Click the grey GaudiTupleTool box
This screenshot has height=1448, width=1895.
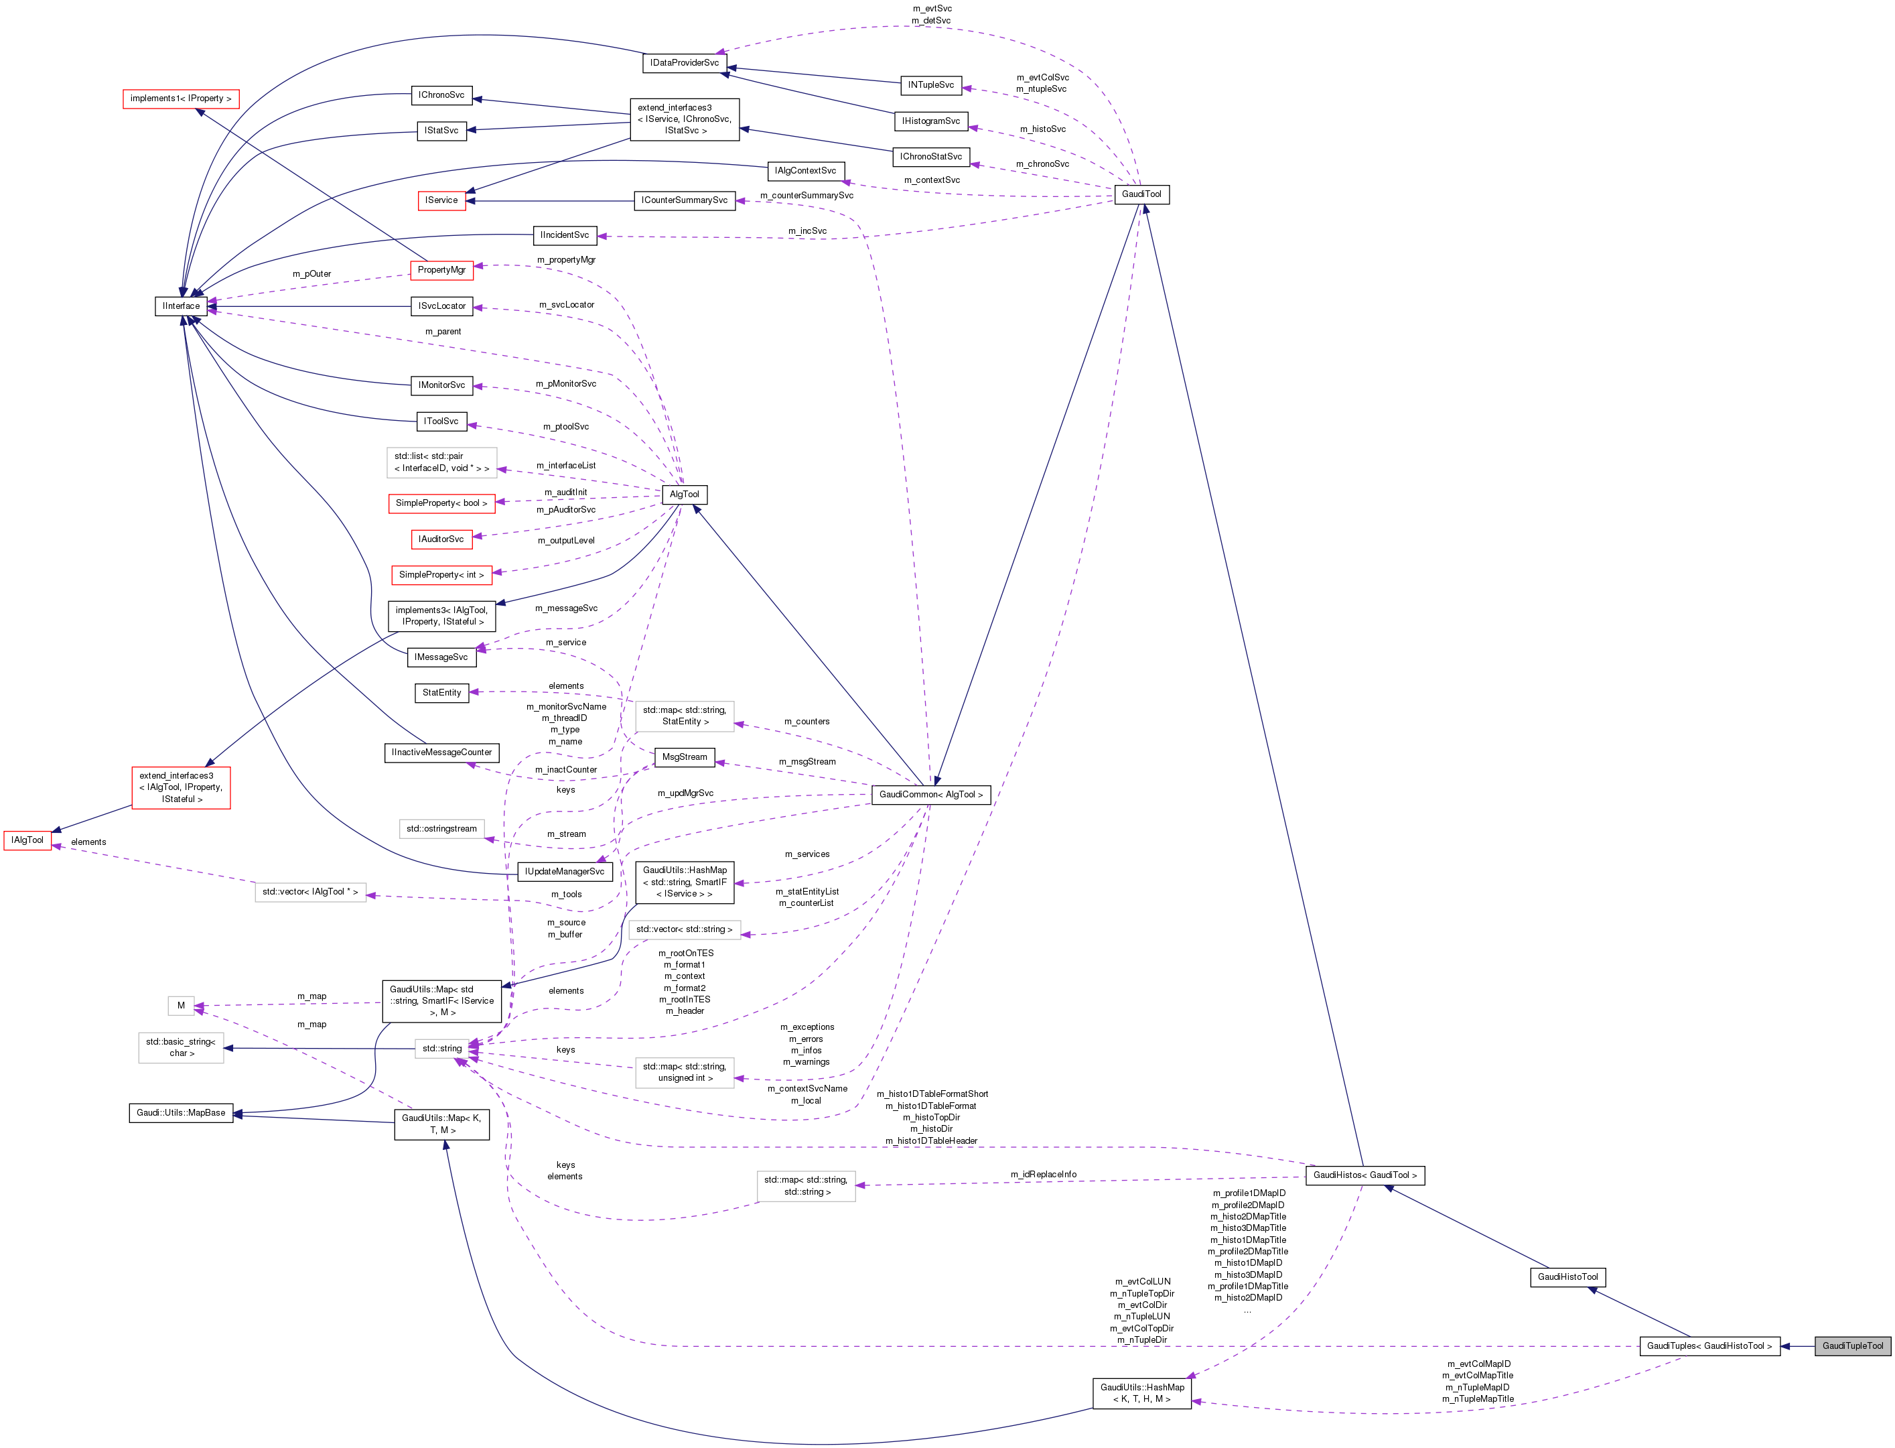click(x=1852, y=1345)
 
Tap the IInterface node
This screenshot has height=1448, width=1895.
click(x=181, y=306)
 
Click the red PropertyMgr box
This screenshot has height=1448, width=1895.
click(x=441, y=270)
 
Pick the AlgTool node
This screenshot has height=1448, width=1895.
click(x=684, y=494)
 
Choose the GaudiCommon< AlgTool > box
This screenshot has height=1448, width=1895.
click(x=930, y=795)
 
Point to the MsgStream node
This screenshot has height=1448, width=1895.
click(x=684, y=756)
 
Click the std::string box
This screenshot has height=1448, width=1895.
click(x=442, y=1048)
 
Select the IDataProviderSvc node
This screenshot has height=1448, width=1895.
click(x=684, y=63)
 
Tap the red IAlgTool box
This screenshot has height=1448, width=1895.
click(x=27, y=840)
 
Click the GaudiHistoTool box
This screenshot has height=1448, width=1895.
click(x=1567, y=1276)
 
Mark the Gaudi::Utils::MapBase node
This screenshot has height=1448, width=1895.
click(x=181, y=1113)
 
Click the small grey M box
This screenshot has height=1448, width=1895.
click(x=181, y=1005)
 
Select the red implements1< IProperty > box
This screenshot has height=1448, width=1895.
click(x=181, y=98)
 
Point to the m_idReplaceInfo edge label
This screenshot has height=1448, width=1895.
click(x=1043, y=1174)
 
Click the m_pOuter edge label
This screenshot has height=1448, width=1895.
click(x=311, y=274)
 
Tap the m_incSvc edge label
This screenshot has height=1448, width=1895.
click(x=806, y=231)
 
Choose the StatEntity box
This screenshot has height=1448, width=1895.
click(x=442, y=692)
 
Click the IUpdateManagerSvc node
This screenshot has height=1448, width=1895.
click(x=565, y=871)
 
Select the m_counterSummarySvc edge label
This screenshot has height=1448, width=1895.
click(x=806, y=196)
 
